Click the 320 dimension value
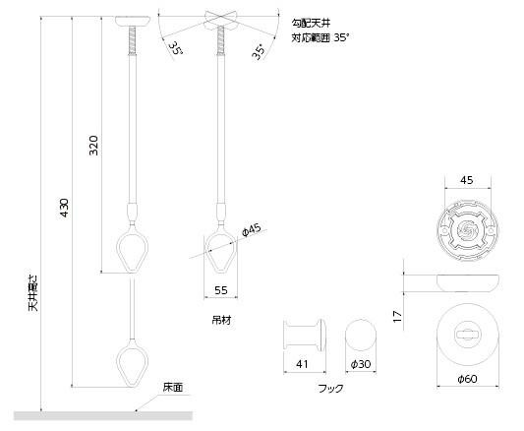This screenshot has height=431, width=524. [x=94, y=146]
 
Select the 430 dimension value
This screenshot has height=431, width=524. [x=64, y=208]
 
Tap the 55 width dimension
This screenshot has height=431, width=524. [x=221, y=290]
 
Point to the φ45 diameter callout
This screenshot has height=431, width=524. [x=252, y=229]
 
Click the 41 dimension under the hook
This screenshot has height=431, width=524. [x=302, y=364]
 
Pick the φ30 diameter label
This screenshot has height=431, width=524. [x=361, y=364]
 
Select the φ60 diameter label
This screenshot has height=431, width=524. [x=467, y=379]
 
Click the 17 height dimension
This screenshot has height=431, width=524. [x=397, y=316]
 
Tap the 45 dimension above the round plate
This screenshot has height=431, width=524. [x=467, y=180]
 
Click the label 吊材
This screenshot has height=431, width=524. [x=221, y=321]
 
